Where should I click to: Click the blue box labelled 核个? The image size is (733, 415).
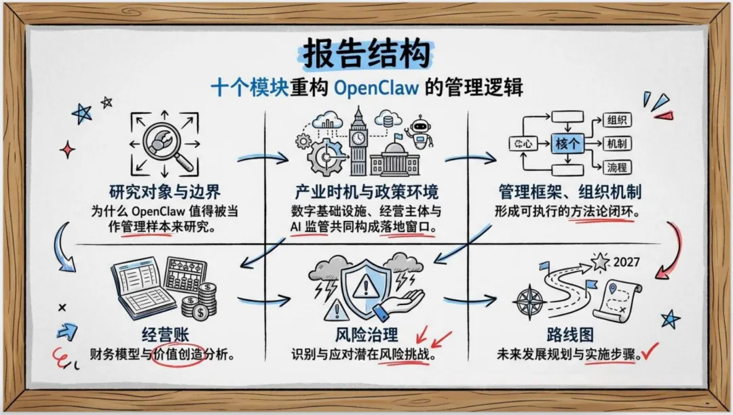[x=567, y=143]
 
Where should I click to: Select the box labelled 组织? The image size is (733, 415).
[x=617, y=121]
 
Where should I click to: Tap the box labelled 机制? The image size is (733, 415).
[x=617, y=144]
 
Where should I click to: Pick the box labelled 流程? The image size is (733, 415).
[x=617, y=167]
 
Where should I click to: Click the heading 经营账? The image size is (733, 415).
[x=165, y=335]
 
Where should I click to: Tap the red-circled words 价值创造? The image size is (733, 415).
[x=178, y=354]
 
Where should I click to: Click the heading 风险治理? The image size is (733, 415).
[x=366, y=335]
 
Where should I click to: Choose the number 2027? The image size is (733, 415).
[x=626, y=262]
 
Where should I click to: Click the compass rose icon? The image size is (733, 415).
[x=530, y=302]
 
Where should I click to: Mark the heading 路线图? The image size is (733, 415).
[x=568, y=335]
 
